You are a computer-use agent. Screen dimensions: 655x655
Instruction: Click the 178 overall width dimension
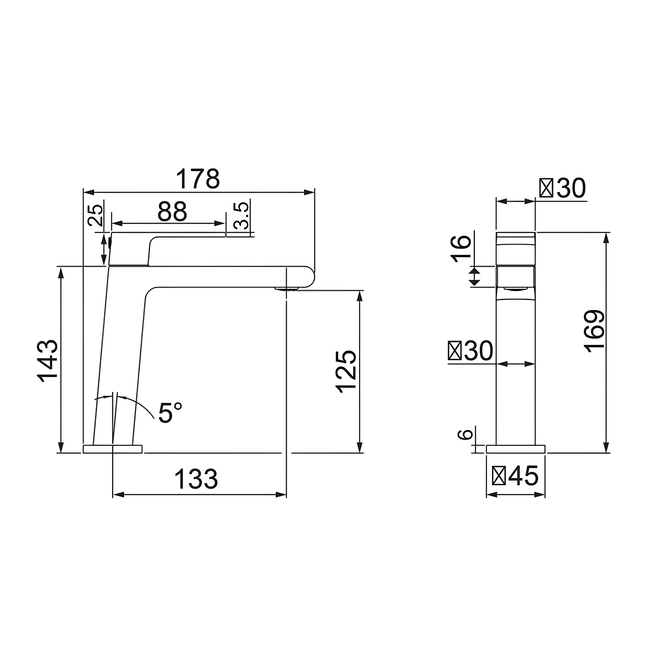(198, 179)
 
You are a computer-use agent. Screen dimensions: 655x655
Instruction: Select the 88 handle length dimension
(172, 212)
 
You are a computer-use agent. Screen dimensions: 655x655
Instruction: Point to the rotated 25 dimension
(95, 215)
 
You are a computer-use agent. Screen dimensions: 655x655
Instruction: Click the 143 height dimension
(48, 361)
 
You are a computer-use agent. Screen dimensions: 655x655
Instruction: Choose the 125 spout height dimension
(346, 371)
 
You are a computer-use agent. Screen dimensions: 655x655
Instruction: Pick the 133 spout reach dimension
(196, 479)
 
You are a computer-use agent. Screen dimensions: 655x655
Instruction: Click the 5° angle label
(170, 412)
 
